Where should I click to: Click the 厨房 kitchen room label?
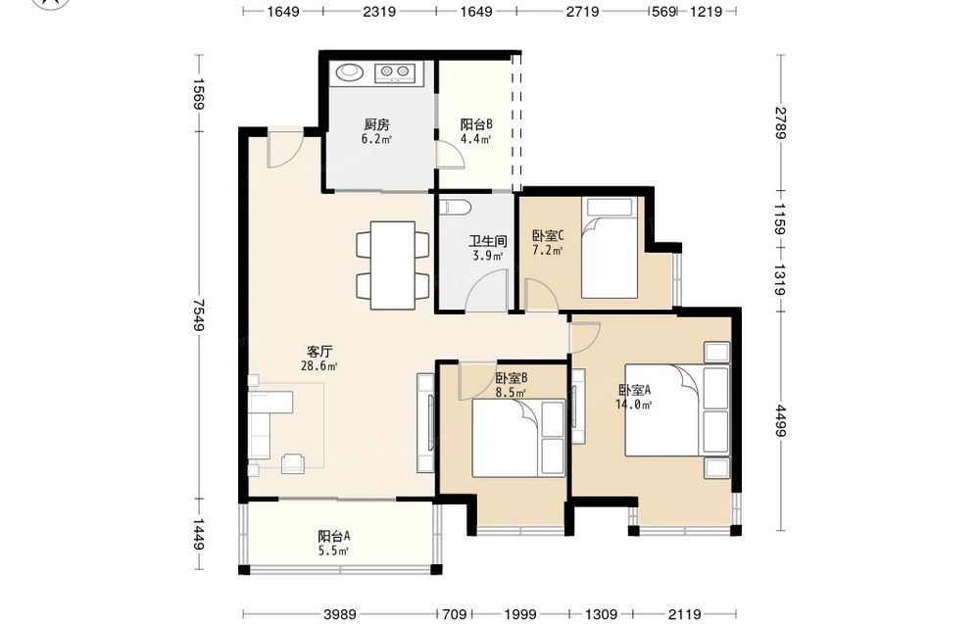[377, 124]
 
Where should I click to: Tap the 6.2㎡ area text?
[376, 139]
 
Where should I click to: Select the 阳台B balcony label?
[476, 124]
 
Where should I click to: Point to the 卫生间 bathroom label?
[487, 241]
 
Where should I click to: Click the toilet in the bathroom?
[452, 207]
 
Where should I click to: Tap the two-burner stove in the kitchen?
[395, 72]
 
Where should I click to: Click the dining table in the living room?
[393, 264]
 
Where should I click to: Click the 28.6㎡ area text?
[319, 366]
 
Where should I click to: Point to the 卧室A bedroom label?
[635, 390]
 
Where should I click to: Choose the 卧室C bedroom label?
[548, 235]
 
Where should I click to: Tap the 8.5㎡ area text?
[511, 393]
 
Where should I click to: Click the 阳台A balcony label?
[333, 536]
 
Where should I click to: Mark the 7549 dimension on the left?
[199, 314]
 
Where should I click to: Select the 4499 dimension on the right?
[781, 421]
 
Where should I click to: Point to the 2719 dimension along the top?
[582, 11]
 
